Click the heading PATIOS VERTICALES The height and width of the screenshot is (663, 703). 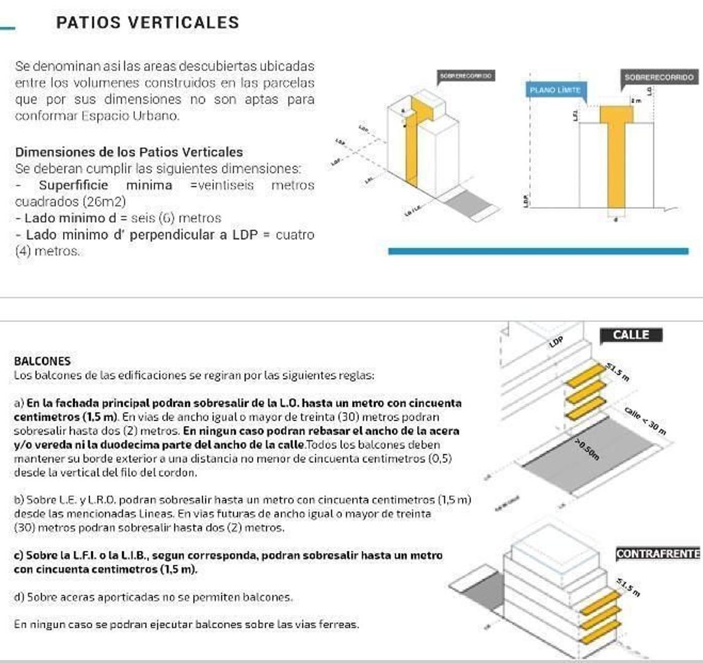(147, 23)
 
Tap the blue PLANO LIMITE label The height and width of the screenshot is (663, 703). (555, 90)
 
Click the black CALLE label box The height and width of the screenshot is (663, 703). (631, 335)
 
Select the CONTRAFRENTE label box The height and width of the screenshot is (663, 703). (658, 553)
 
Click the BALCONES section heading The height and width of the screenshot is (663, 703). (42, 361)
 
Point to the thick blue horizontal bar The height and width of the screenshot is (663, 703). (538, 250)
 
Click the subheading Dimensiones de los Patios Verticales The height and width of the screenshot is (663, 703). (129, 152)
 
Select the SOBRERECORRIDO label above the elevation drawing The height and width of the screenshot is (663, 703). (659, 77)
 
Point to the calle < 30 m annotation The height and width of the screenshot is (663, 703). (645, 421)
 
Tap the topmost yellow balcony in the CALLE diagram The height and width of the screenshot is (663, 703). (586, 375)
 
